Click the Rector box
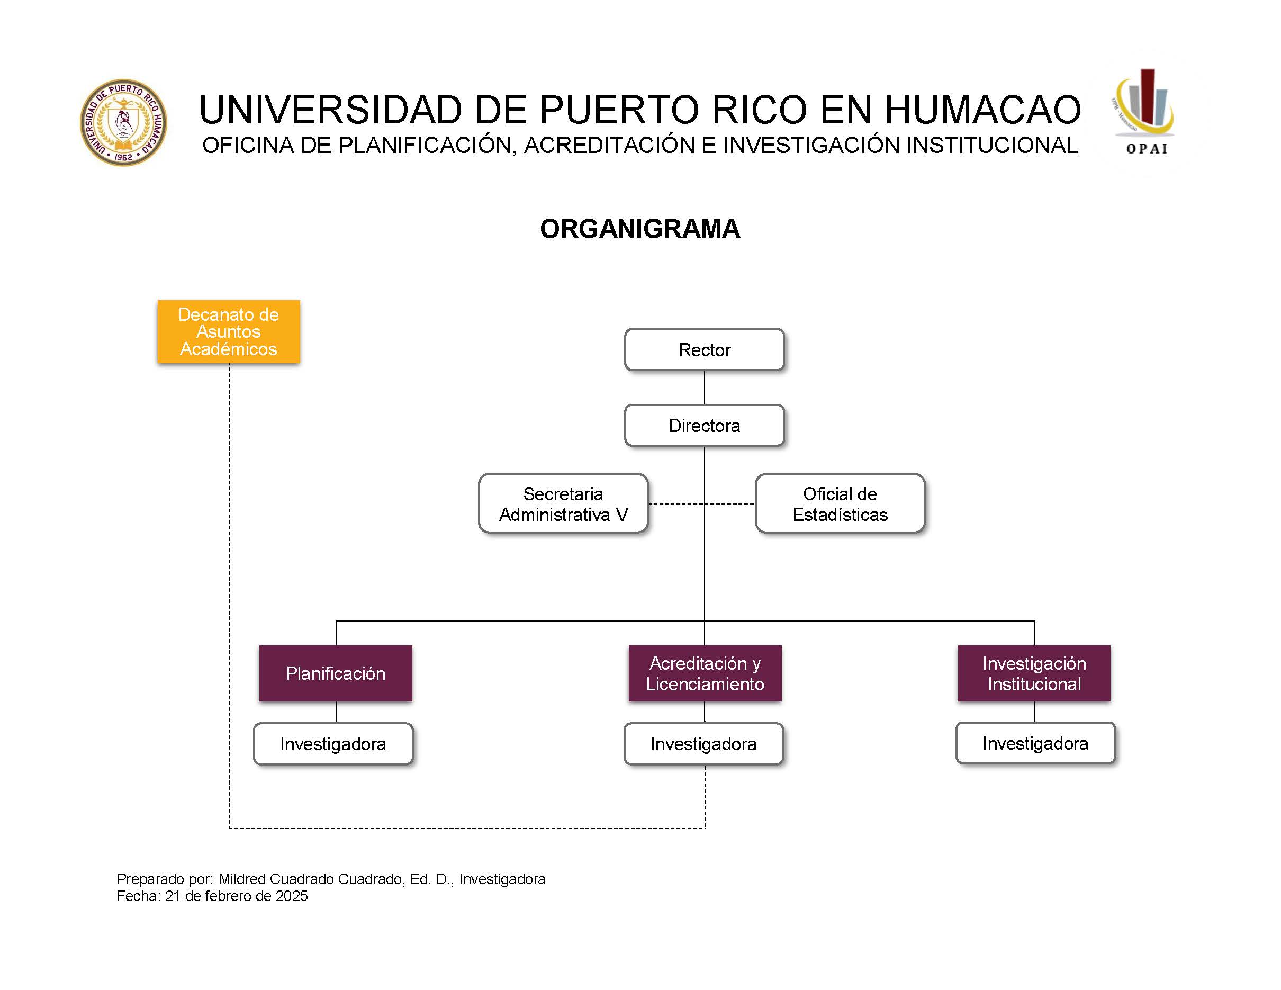point(704,350)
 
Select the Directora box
point(704,425)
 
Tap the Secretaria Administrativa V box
point(563,504)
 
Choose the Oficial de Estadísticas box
point(840,504)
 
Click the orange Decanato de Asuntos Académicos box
point(228,331)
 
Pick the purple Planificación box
point(336,673)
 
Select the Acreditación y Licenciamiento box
point(705,673)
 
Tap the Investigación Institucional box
point(1034,673)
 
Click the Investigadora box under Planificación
point(332,744)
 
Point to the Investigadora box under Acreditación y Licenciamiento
point(703,744)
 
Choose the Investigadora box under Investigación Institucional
point(1035,743)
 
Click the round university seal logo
point(123,123)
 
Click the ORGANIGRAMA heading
point(640,229)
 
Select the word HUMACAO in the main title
point(982,110)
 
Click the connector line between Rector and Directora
point(704,388)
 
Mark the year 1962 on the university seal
point(124,157)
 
